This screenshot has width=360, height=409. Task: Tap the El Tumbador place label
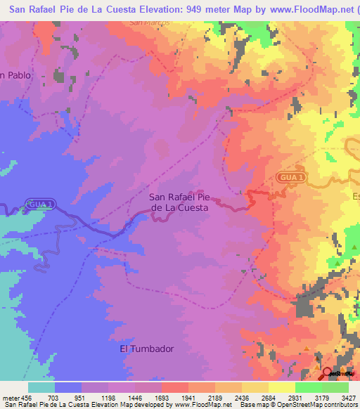point(146,349)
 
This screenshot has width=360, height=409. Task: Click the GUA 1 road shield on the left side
point(39,204)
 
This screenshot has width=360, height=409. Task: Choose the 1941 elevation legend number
point(188,398)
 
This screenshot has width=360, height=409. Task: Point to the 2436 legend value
point(241,398)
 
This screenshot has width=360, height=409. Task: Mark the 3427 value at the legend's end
point(347,398)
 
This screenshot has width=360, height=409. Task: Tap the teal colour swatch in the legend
point(41,387)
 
